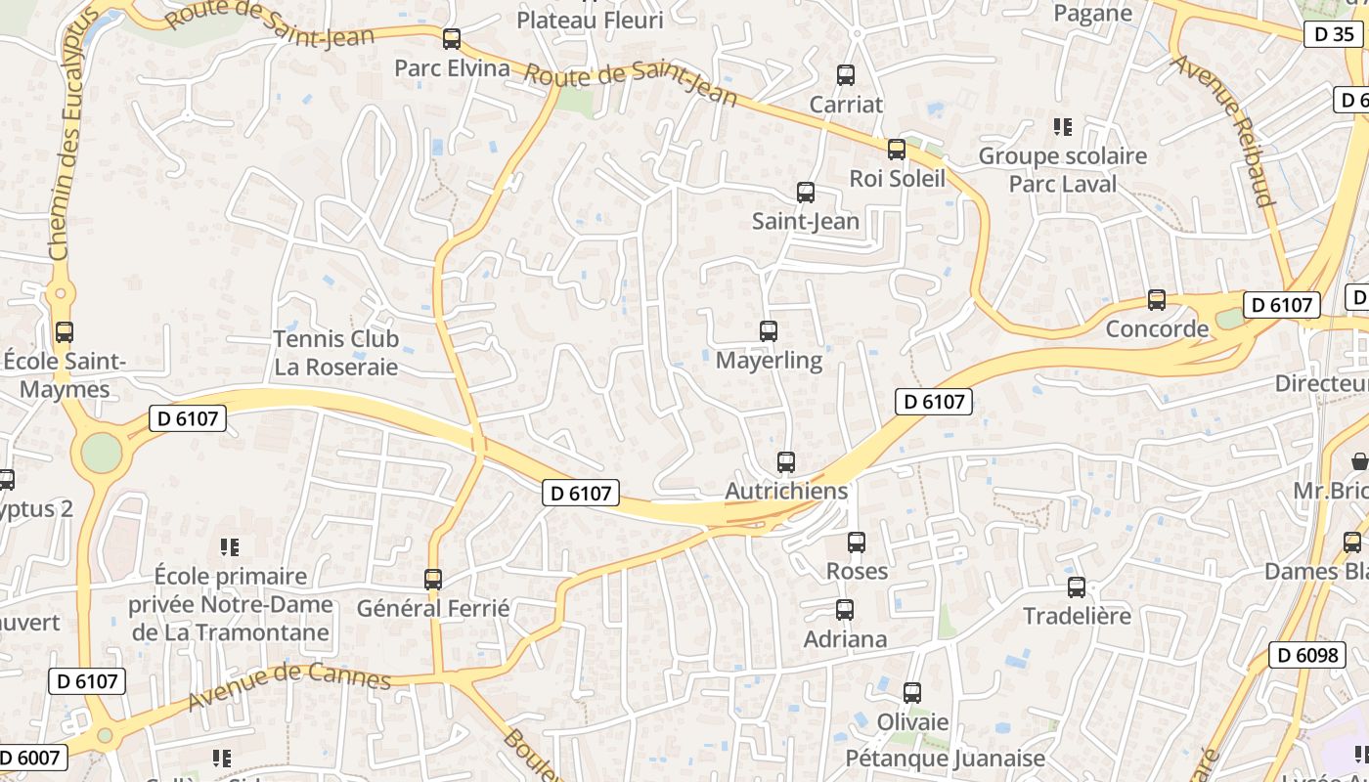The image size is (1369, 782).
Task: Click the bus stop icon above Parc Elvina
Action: point(451,39)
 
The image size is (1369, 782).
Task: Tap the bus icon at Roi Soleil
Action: point(897,150)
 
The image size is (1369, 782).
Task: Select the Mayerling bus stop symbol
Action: point(769,331)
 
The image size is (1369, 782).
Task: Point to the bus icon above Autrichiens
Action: point(786,462)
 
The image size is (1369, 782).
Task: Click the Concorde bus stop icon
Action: point(1157,300)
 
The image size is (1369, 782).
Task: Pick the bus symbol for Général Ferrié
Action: point(433,580)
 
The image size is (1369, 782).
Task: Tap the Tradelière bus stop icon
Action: point(1077,587)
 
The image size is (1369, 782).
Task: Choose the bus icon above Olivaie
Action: point(912,693)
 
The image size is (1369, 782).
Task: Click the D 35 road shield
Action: point(1334,34)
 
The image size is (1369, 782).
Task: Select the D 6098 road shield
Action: point(1307,655)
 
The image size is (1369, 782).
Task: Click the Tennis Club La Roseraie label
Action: point(336,353)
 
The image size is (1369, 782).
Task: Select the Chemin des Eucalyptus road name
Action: point(73,137)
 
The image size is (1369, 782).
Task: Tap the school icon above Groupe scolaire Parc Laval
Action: point(1063,126)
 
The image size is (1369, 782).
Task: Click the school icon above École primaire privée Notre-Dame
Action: point(230,547)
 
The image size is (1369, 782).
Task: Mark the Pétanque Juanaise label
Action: point(945,758)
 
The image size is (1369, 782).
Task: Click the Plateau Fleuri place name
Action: point(590,20)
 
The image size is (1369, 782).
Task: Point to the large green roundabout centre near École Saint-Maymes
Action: point(102,454)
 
